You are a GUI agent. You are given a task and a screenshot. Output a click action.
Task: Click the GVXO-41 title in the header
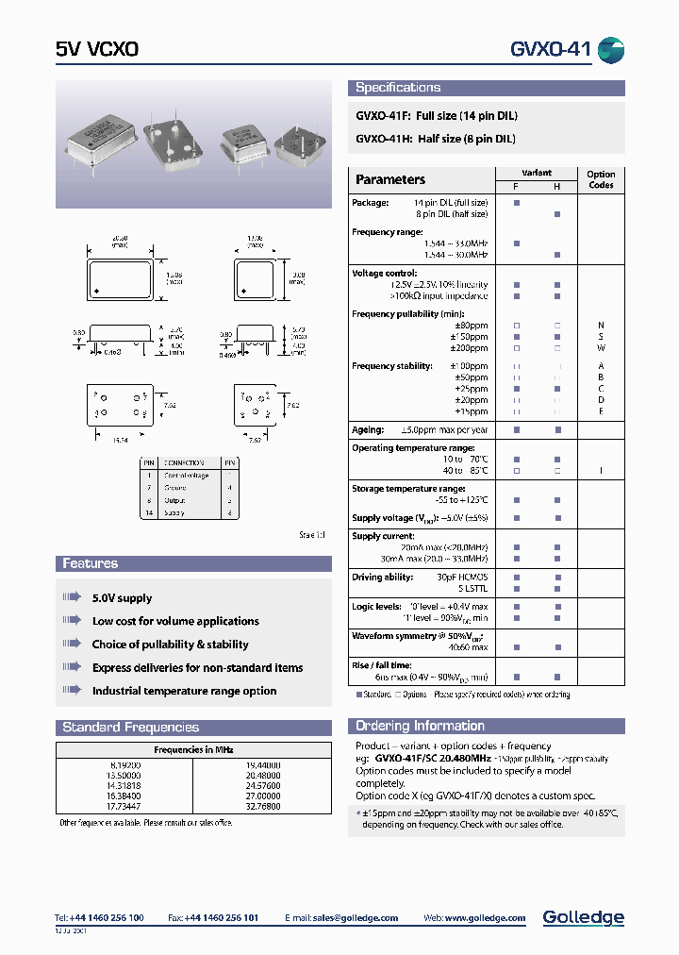pyautogui.click(x=550, y=50)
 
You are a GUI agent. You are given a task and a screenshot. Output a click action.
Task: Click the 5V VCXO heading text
pyautogui.click(x=97, y=50)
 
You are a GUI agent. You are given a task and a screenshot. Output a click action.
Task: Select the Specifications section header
pyautogui.click(x=398, y=88)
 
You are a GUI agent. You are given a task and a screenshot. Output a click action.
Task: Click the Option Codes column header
pyautogui.click(x=601, y=179)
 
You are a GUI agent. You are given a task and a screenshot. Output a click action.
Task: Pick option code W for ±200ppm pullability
pyautogui.click(x=601, y=348)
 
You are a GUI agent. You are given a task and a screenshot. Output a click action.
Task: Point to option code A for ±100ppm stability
pyautogui.click(x=601, y=366)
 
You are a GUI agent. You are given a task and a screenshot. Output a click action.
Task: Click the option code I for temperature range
pyautogui.click(x=601, y=470)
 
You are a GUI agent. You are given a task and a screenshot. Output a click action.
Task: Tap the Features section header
pyautogui.click(x=91, y=563)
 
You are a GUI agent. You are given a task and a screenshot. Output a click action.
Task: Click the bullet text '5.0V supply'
pyautogui.click(x=122, y=598)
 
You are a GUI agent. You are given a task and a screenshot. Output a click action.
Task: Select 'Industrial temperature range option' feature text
pyautogui.click(x=184, y=691)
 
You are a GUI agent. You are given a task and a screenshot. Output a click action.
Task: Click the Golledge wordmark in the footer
pyautogui.click(x=583, y=917)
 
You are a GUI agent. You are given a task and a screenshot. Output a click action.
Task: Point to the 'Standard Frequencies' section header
pyautogui.click(x=131, y=728)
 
